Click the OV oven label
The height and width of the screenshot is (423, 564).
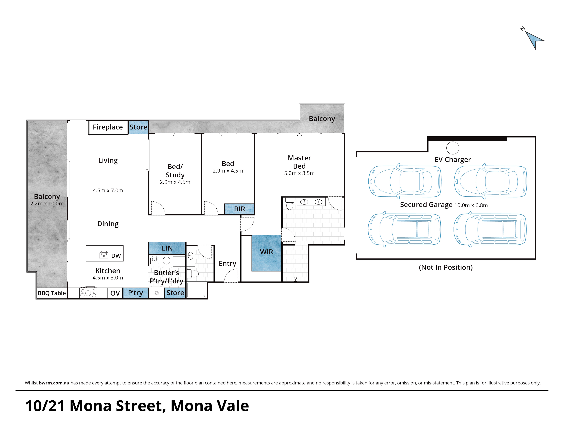pyautogui.click(x=115, y=293)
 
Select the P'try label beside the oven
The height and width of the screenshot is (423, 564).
pyautogui.click(x=135, y=293)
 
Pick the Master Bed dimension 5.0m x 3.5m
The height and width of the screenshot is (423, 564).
pyautogui.click(x=299, y=173)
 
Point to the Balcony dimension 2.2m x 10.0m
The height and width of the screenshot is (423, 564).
pyautogui.click(x=47, y=204)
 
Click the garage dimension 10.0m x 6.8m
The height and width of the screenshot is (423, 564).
pyautogui.click(x=471, y=205)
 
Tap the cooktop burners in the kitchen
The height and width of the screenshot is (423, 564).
pyautogui.click(x=88, y=293)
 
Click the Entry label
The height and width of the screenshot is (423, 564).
pyautogui.click(x=227, y=263)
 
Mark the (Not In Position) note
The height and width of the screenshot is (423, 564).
pyautogui.click(x=446, y=267)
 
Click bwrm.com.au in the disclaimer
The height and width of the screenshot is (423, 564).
pyautogui.click(x=54, y=383)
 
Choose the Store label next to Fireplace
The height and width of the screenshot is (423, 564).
pyautogui.click(x=138, y=127)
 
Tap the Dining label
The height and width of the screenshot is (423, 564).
pyautogui.click(x=108, y=224)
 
